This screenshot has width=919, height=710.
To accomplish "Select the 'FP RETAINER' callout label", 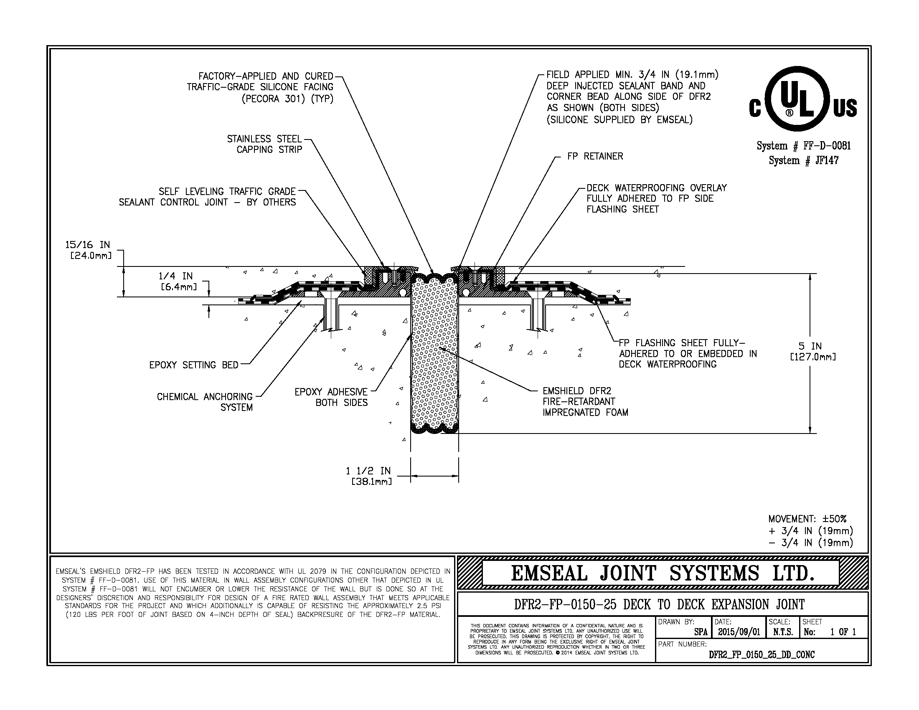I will click(x=595, y=157).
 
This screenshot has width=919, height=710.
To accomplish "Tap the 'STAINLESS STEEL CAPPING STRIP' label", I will click(x=265, y=144).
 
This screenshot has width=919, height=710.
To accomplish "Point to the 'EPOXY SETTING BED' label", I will click(x=193, y=365).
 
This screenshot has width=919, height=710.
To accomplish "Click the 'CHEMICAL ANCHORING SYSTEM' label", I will click(x=205, y=402).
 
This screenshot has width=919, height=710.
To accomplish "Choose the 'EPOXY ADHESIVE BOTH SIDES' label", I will click(x=331, y=397).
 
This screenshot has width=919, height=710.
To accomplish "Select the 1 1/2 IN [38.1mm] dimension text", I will click(x=368, y=476).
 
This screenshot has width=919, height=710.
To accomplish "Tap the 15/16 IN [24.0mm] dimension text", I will click(x=88, y=250).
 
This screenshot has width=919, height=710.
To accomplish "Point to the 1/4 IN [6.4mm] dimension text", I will click(x=176, y=281).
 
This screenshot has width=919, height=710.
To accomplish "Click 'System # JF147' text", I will click(x=803, y=161).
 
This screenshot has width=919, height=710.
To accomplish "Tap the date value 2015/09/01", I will click(x=739, y=632).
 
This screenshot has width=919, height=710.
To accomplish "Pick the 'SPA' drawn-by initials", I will click(x=701, y=632).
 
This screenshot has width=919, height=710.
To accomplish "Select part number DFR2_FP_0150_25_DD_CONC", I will click(x=762, y=654).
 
